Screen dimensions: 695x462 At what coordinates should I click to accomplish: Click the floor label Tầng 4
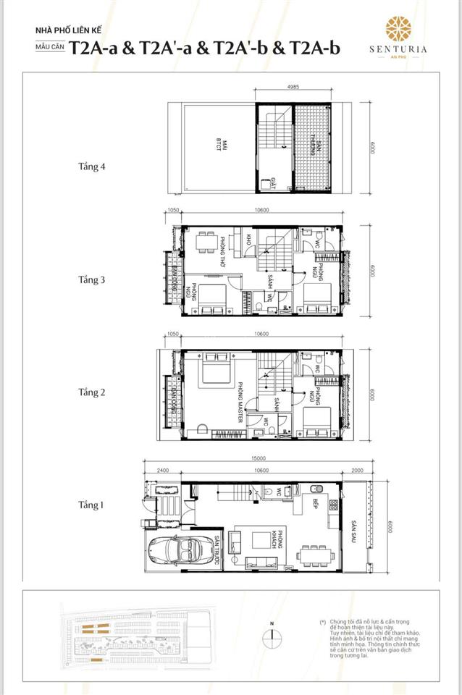[x=92, y=167]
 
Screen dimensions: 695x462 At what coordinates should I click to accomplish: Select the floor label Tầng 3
[x=92, y=279]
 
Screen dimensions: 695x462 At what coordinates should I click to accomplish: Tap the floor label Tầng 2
[x=92, y=392]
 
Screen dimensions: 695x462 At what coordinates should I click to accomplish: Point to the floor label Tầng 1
[x=92, y=505]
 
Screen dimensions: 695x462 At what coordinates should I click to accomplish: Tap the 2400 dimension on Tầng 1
[x=161, y=470]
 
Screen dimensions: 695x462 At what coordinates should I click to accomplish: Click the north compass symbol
[x=270, y=637]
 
